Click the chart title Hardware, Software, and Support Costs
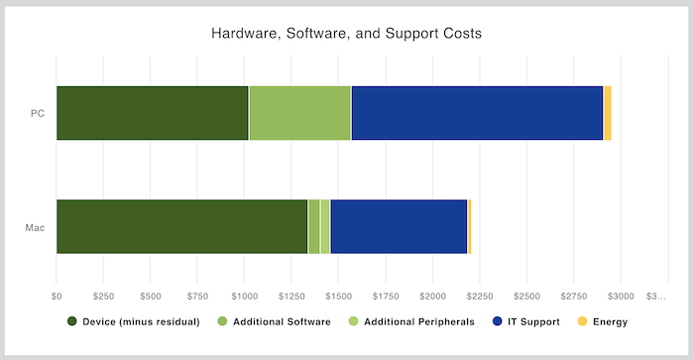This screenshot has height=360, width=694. [x=347, y=34]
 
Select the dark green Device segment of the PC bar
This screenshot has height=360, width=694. [x=152, y=113]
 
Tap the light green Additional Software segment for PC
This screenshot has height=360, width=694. [x=299, y=113]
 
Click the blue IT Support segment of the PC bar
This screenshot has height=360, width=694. [x=477, y=113]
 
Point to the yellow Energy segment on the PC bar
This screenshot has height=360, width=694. [x=608, y=113]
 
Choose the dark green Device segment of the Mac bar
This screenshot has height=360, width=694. [x=181, y=226]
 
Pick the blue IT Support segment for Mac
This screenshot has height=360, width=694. [x=399, y=226]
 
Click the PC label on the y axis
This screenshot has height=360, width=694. [x=37, y=113]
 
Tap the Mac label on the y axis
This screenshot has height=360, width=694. [x=35, y=227]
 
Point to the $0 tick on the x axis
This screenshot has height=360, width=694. [x=57, y=296]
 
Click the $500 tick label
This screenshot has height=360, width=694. [x=151, y=296]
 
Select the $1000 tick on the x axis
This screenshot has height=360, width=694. [x=245, y=296]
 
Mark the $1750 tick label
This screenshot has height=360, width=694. [x=386, y=296]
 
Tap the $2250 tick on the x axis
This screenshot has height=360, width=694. [x=480, y=296]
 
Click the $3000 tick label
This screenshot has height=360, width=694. [x=621, y=296]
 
